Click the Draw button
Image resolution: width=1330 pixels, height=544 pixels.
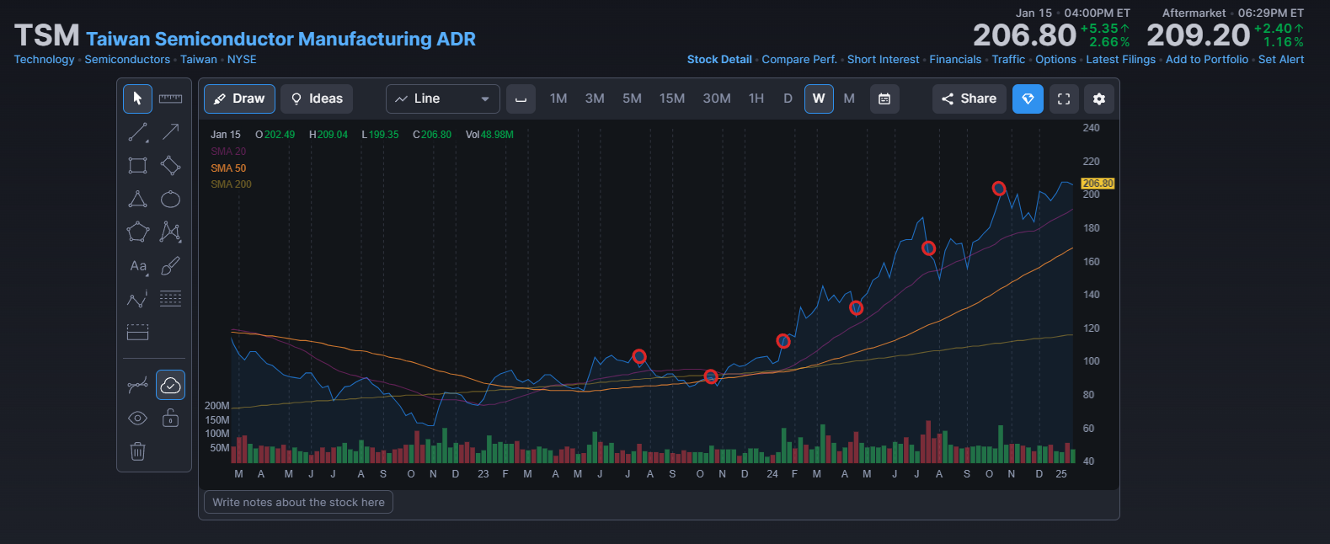click(x=239, y=99)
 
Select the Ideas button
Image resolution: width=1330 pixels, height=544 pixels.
click(x=317, y=99)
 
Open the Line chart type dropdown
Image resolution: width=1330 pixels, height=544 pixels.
click(x=443, y=99)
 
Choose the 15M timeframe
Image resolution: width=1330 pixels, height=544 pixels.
click(x=671, y=99)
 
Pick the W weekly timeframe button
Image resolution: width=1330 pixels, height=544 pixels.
click(x=819, y=99)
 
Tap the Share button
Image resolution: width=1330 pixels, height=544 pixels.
click(x=969, y=99)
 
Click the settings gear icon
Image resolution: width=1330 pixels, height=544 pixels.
click(x=1099, y=99)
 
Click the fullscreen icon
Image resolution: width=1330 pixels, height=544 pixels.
click(x=1064, y=99)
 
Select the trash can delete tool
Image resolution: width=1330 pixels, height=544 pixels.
click(x=138, y=451)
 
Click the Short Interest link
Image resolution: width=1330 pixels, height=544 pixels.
click(x=883, y=60)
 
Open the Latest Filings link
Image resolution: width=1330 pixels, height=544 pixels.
click(x=1120, y=60)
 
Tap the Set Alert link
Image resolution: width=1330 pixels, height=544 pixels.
click(x=1280, y=60)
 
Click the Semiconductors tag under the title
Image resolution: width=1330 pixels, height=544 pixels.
click(x=127, y=60)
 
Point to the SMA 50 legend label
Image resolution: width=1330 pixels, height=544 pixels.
click(x=228, y=168)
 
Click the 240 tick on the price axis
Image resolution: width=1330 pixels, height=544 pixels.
click(x=1091, y=128)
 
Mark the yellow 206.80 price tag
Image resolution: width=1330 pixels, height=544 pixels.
click(x=1098, y=184)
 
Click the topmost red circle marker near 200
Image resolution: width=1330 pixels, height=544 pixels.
click(x=999, y=189)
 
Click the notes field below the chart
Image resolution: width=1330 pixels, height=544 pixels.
click(x=298, y=502)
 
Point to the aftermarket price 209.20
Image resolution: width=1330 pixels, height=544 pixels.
click(x=1199, y=35)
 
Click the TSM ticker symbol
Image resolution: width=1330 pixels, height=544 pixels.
click(x=46, y=35)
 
